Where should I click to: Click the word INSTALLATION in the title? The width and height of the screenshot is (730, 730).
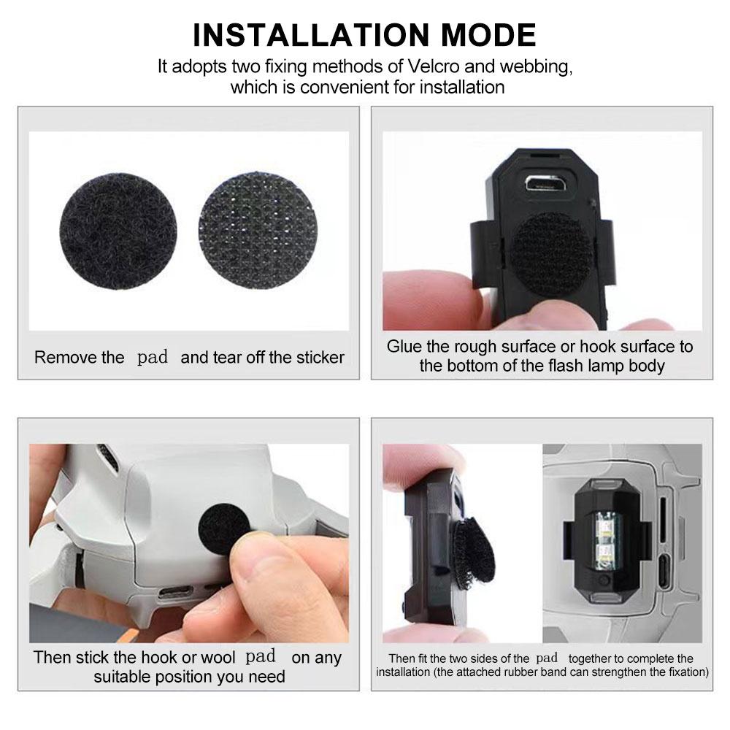pos(298,34)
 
